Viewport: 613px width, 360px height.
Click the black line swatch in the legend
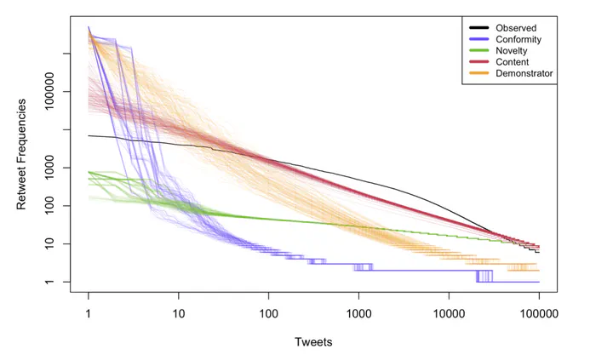pos(478,28)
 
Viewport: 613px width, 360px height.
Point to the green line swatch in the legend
pos(478,51)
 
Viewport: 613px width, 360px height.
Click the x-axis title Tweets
pos(313,342)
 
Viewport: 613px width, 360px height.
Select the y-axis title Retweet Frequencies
pos(23,154)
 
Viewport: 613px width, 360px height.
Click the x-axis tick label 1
pos(89,314)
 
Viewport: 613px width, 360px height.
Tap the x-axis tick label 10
pos(179,314)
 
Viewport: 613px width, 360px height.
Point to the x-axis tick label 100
pos(269,314)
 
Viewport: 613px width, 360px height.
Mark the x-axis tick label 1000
pos(358,314)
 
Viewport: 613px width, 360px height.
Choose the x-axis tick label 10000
pos(449,314)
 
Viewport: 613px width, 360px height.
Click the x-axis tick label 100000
pos(538,314)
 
